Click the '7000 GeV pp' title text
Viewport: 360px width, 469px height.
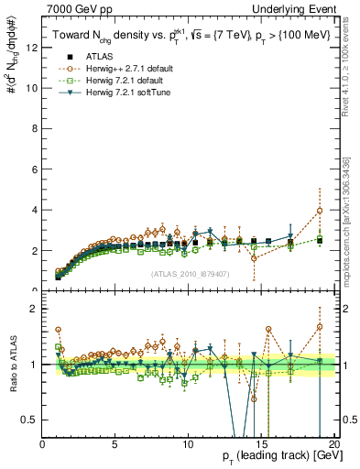click(75, 8)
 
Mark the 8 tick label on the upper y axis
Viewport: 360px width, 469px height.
click(34, 129)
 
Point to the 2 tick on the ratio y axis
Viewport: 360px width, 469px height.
click(34, 309)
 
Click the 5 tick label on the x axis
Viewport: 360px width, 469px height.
click(115, 445)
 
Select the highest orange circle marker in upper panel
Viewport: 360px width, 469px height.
click(319, 211)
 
